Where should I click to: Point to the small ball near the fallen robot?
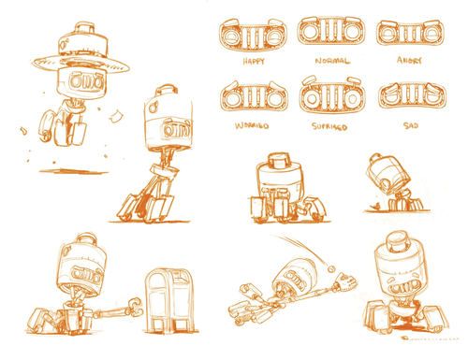click(x=334, y=266)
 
